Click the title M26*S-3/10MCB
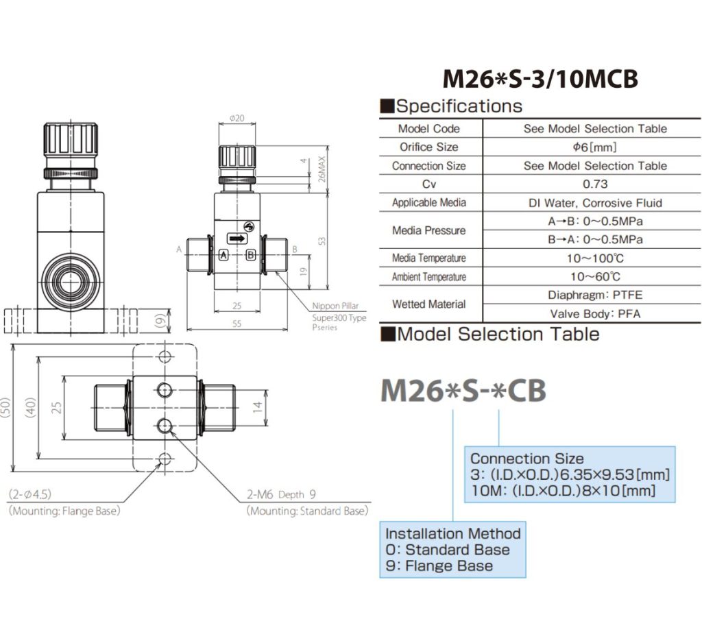[x=540, y=79]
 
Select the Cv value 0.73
[x=594, y=184]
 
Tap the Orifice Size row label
[x=429, y=147]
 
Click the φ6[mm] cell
[x=594, y=147]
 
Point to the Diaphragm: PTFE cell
[x=594, y=295]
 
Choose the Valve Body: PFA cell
[x=594, y=314]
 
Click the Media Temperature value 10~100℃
[x=594, y=258]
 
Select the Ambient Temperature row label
[x=429, y=277]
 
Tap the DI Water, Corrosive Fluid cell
[x=594, y=203]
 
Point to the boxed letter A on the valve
[x=223, y=254]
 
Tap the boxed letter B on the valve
[x=251, y=254]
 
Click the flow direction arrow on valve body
[x=237, y=239]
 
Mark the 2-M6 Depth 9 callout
[x=282, y=494]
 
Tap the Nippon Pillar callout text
[x=335, y=306]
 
